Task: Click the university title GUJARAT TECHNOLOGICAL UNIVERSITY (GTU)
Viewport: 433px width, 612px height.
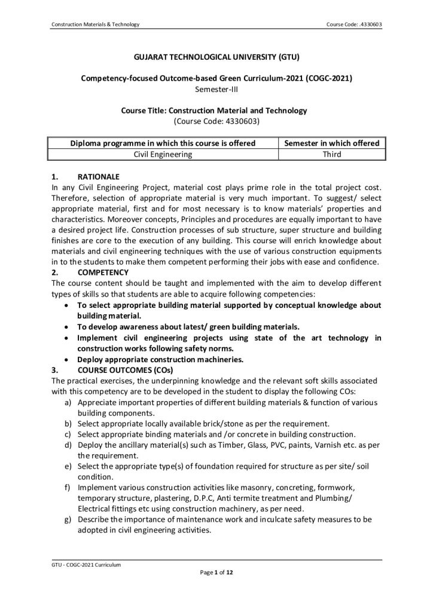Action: pos(216,58)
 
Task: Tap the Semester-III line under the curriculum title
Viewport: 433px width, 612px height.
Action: pos(216,90)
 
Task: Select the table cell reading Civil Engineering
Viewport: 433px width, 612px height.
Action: pos(163,154)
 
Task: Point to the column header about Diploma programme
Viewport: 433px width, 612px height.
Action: pos(163,143)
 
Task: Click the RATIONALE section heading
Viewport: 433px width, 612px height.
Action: pos(98,178)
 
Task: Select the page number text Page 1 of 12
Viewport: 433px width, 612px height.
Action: pos(216,572)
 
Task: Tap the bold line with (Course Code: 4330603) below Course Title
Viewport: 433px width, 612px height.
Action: pos(216,121)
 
